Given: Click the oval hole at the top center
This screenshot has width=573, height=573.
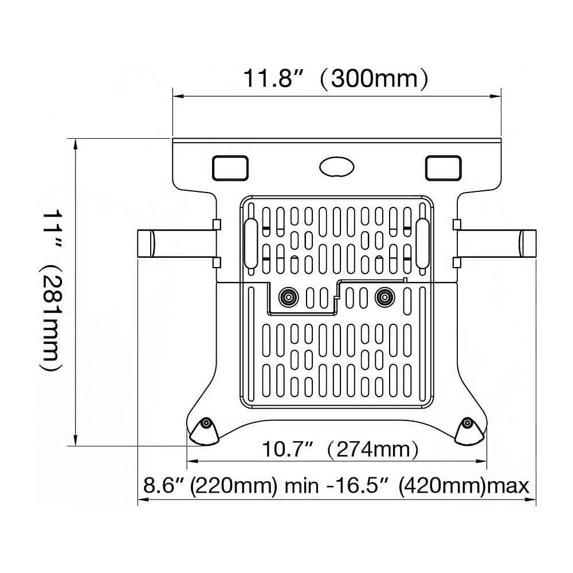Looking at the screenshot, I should pyautogui.click(x=336, y=167).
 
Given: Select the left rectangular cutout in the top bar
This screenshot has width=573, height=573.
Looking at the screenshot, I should pyautogui.click(x=230, y=167).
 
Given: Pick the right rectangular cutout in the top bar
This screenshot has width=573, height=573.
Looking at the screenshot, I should pyautogui.click(x=443, y=167).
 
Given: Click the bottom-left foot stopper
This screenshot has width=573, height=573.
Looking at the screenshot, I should pyautogui.click(x=205, y=430).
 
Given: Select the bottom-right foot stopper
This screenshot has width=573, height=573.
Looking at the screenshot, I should pyautogui.click(x=469, y=430).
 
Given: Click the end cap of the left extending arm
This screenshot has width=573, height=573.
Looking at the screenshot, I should pyautogui.click(x=146, y=244).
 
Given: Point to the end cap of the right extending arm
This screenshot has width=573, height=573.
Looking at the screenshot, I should pyautogui.click(x=528, y=244).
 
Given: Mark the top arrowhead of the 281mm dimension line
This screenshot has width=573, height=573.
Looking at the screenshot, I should pyautogui.click(x=75, y=144).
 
